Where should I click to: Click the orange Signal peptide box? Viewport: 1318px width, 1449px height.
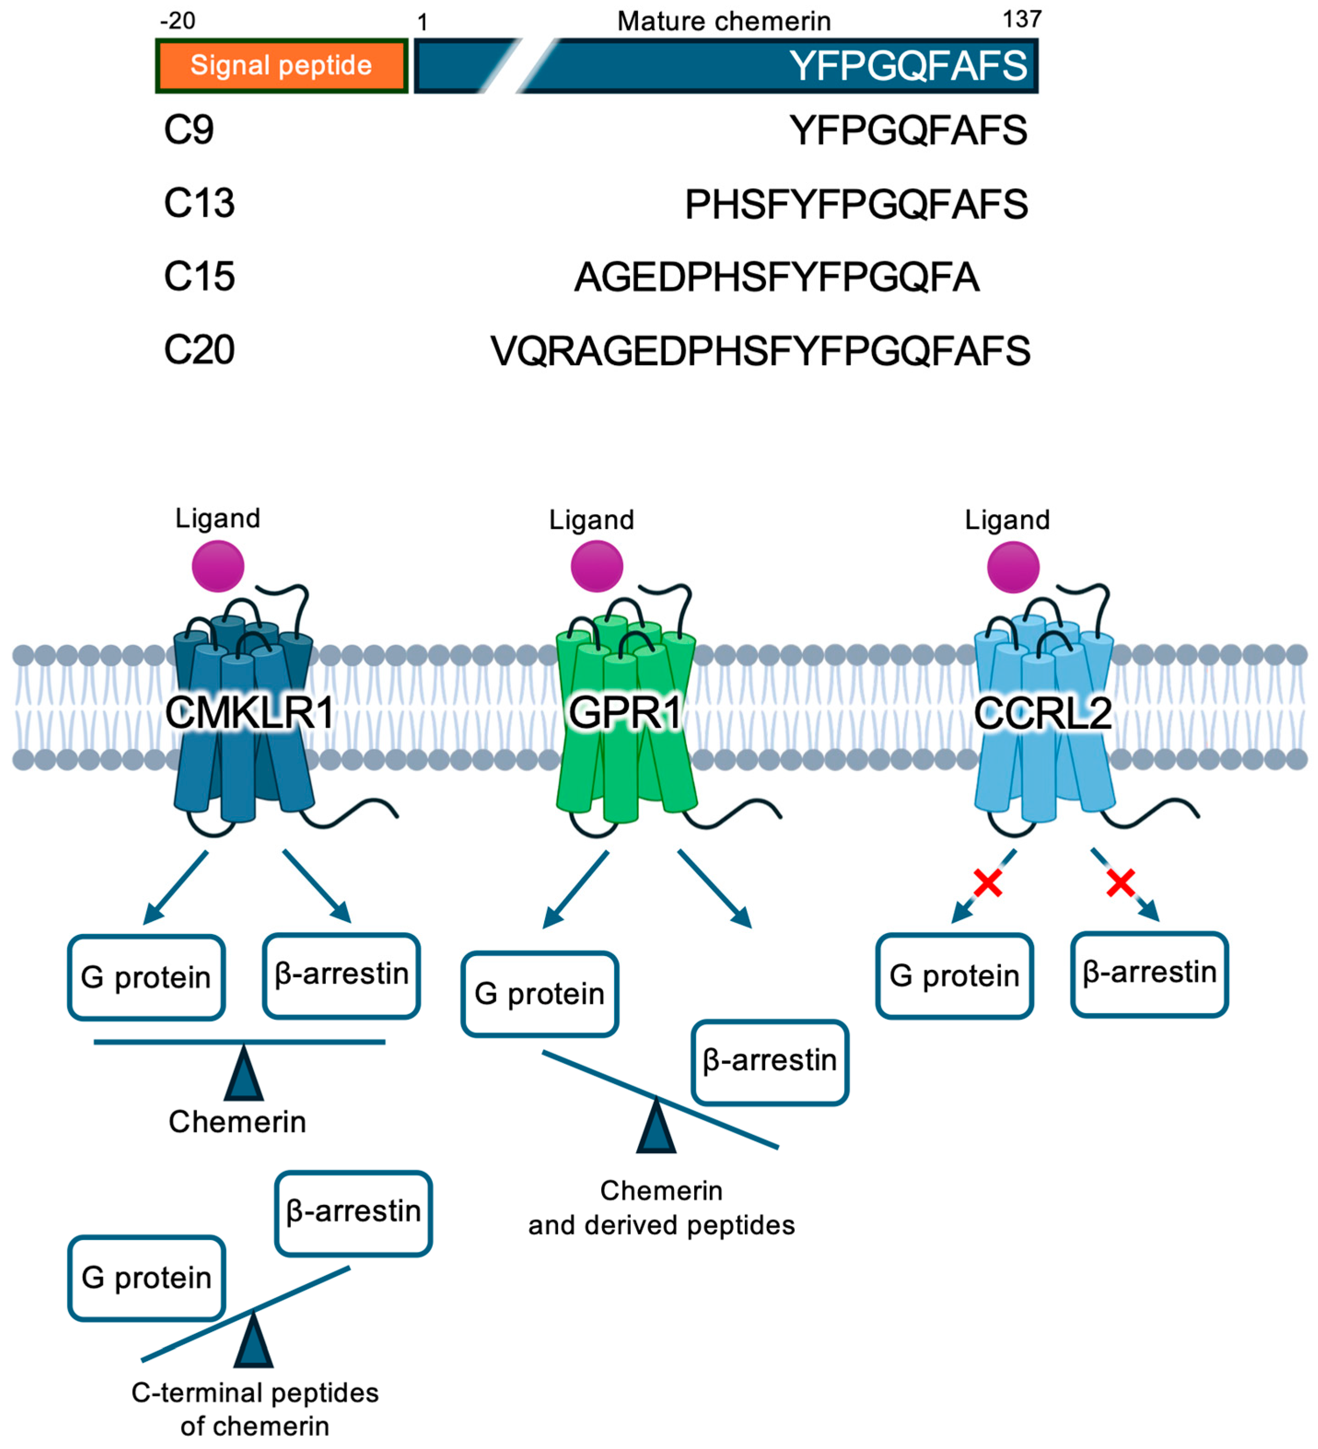point(281,65)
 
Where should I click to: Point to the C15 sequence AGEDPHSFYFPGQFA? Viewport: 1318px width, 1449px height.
point(777,278)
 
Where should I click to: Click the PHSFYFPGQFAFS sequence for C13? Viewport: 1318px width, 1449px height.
point(856,204)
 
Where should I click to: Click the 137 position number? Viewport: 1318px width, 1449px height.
point(1022,19)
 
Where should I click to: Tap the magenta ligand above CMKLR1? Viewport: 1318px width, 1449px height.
point(218,566)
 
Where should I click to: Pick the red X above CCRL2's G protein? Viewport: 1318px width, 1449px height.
point(987,883)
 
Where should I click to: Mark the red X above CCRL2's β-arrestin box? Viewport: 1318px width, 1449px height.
point(1120,883)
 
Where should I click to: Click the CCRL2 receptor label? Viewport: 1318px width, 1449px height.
point(1043,714)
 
